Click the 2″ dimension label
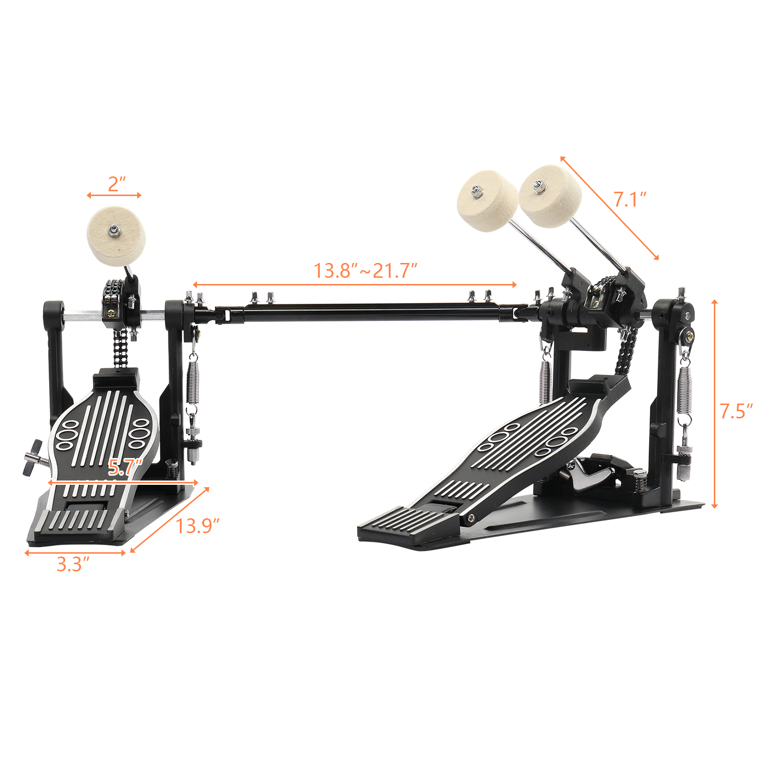(x=117, y=184)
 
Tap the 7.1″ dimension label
(x=630, y=199)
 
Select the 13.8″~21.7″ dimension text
(x=365, y=271)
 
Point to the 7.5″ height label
(x=736, y=411)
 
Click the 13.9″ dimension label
(x=197, y=526)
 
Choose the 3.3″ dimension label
(x=73, y=564)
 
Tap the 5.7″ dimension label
(x=125, y=467)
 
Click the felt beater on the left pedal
(x=116, y=236)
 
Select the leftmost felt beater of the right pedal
(x=487, y=201)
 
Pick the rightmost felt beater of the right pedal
(x=550, y=196)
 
